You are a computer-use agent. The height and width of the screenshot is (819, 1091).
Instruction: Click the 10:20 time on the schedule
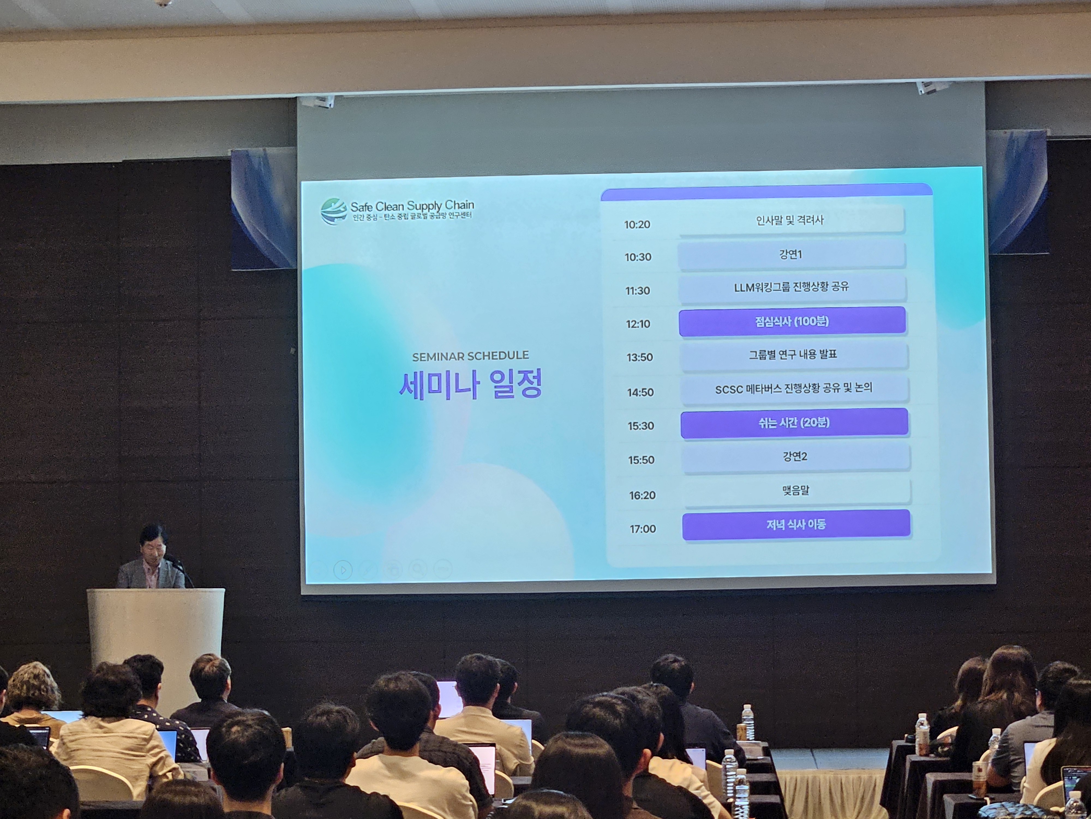637,225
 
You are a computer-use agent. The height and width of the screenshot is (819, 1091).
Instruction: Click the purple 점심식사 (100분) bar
792,321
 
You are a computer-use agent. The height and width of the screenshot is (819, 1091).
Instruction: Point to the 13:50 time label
640,357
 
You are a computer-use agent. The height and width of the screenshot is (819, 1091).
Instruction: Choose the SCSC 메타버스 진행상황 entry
794,389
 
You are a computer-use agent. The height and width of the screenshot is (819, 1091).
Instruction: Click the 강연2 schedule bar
795,457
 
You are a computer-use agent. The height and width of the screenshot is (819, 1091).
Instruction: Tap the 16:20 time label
642,495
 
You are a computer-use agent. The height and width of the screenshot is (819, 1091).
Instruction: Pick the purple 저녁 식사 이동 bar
796,525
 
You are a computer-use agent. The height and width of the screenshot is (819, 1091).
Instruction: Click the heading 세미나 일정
470,384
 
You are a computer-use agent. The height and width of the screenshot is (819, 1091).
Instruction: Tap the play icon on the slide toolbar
343,570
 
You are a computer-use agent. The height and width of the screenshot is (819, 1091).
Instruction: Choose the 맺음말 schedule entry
796,491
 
